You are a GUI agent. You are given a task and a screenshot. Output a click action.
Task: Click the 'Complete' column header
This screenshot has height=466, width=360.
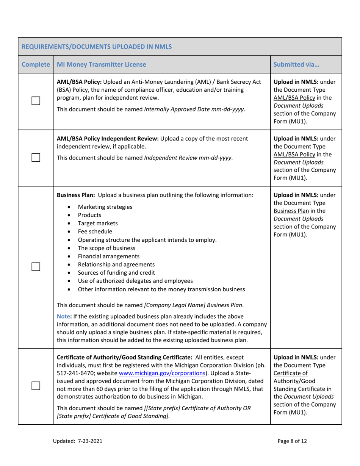36,64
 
